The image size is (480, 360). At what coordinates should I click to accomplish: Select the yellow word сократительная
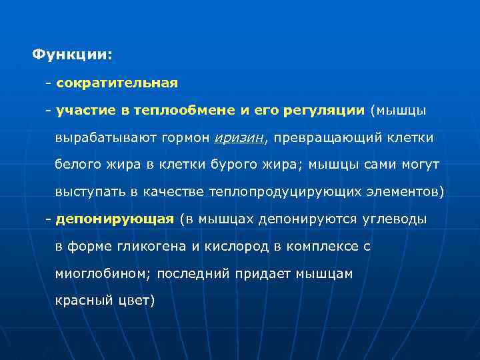[x=117, y=83]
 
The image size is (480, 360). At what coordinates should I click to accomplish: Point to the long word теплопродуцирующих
[x=286, y=192]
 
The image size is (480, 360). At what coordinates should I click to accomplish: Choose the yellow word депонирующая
[x=115, y=219]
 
